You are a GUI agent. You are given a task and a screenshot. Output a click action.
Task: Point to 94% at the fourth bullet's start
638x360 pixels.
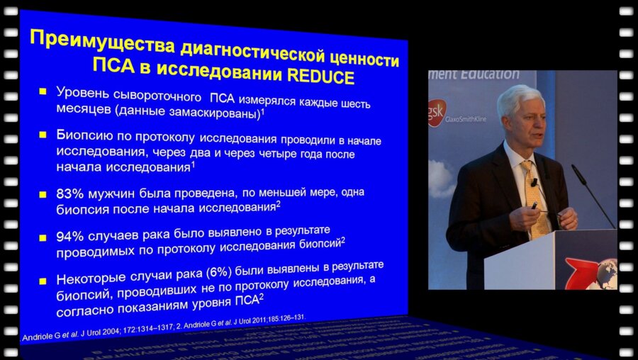(69, 235)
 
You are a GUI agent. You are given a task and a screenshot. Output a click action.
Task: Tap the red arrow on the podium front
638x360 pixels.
(581, 273)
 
